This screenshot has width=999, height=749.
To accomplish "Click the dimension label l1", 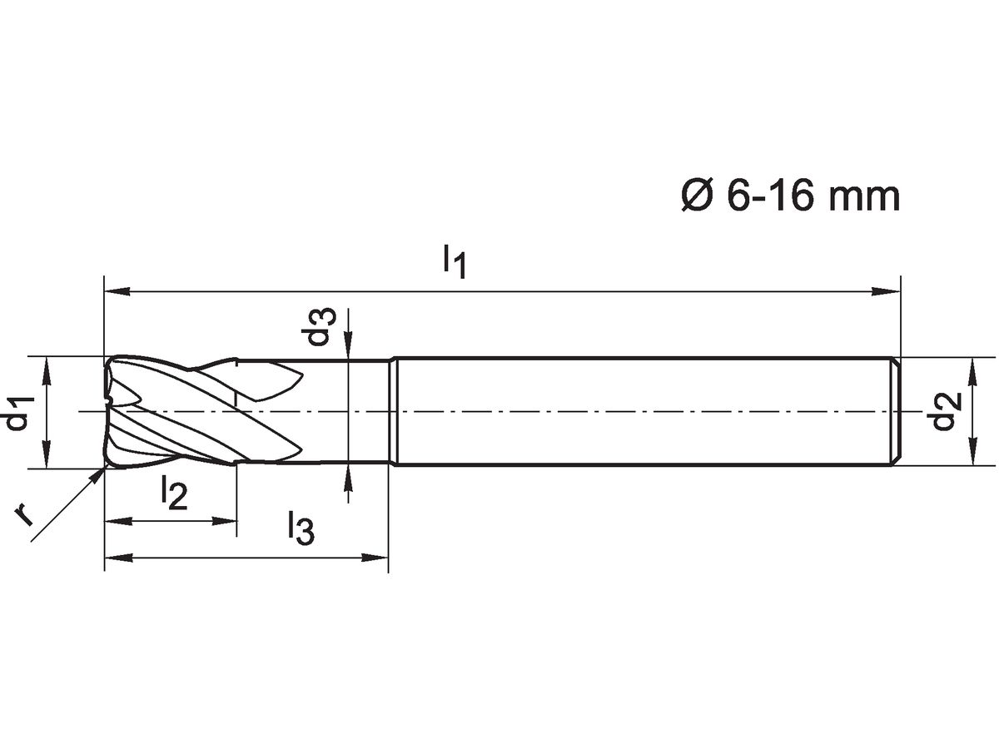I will point(454,260).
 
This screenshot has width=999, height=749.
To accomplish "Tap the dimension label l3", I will point(301,528).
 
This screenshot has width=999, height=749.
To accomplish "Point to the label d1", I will point(18,414).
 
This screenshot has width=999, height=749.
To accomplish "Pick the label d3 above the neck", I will point(320,328).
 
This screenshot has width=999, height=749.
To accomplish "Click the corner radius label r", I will point(25,516).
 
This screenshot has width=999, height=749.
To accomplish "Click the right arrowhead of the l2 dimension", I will point(226,522).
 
